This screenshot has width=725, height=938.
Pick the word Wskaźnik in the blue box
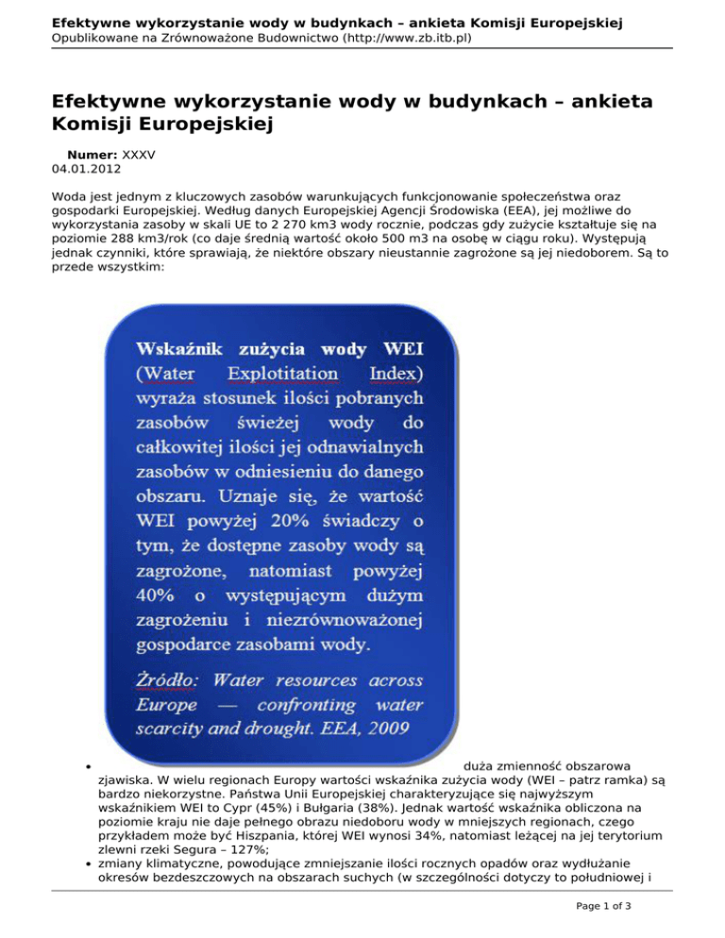(181, 349)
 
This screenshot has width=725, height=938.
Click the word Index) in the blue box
(396, 374)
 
